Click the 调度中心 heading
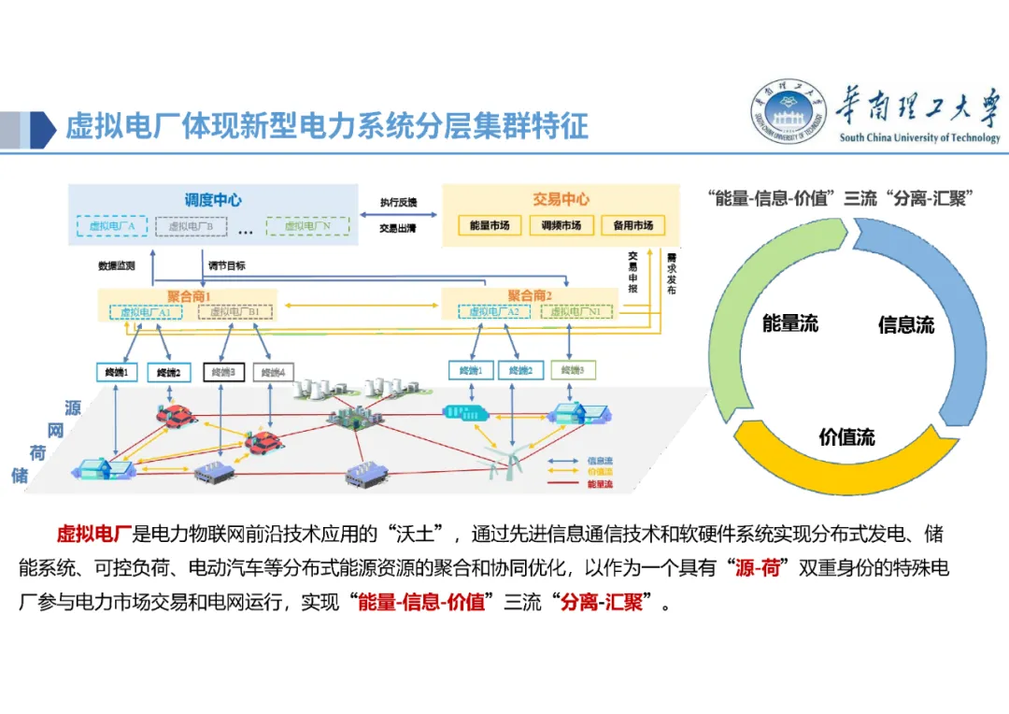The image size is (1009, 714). click(x=213, y=200)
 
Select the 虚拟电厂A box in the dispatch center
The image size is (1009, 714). click(x=112, y=226)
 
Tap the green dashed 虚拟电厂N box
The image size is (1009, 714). click(x=307, y=226)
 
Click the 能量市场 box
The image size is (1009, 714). click(x=490, y=225)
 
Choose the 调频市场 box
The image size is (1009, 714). click(x=561, y=225)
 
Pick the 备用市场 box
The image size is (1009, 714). click(x=632, y=225)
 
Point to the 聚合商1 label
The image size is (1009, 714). click(x=189, y=296)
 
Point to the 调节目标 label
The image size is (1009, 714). click(x=226, y=265)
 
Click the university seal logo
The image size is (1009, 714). click(x=789, y=113)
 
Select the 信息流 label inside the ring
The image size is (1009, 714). click(x=905, y=325)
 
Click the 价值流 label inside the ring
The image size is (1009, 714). click(x=846, y=436)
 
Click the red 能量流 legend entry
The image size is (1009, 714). click(x=599, y=484)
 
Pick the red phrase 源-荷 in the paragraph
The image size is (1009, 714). click(x=757, y=567)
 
